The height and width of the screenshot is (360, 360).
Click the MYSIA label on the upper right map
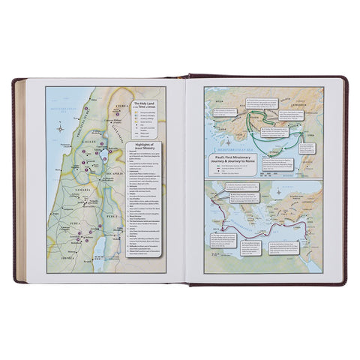click(219, 97)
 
